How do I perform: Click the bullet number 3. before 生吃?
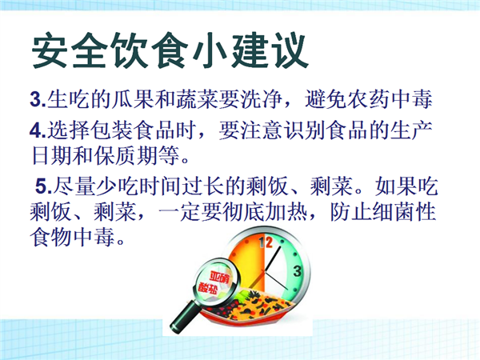(38, 99)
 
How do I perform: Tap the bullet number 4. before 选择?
(38, 130)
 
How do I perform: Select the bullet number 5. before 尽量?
(44, 186)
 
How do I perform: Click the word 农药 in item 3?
(369, 99)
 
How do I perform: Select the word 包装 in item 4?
(112, 130)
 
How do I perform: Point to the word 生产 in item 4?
(411, 130)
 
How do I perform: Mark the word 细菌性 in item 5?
(404, 211)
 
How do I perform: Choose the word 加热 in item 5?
(286, 211)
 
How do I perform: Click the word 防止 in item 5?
(350, 211)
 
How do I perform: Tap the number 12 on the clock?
(265, 242)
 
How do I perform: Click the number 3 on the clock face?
(298, 271)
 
